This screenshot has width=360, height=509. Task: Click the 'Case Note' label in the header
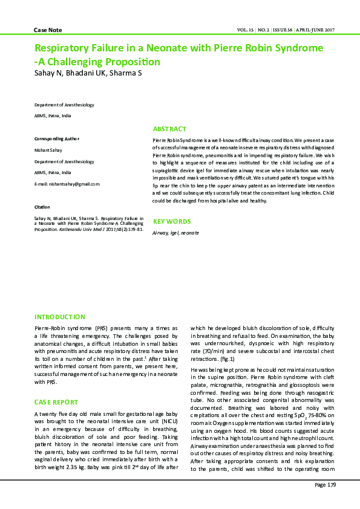pyautogui.click(x=48, y=30)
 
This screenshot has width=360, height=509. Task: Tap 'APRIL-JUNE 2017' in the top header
pyautogui.click(x=315, y=30)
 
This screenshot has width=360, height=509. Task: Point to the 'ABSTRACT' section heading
pyautogui.click(x=169, y=129)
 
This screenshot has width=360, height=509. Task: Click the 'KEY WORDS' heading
pyautogui.click(x=172, y=222)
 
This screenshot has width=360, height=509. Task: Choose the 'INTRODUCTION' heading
pyautogui.click(x=60, y=317)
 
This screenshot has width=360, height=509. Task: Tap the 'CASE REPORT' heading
pyautogui.click(x=56, y=402)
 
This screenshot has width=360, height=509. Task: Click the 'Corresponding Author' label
pyautogui.click(x=57, y=139)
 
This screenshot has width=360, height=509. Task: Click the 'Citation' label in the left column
pyautogui.click(x=42, y=207)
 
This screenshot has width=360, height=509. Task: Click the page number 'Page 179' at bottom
pyautogui.click(x=325, y=485)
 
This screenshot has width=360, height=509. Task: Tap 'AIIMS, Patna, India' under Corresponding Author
pyautogui.click(x=53, y=173)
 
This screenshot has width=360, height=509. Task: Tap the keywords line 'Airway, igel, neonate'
pyautogui.click(x=175, y=233)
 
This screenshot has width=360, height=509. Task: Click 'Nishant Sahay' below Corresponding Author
pyautogui.click(x=49, y=150)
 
